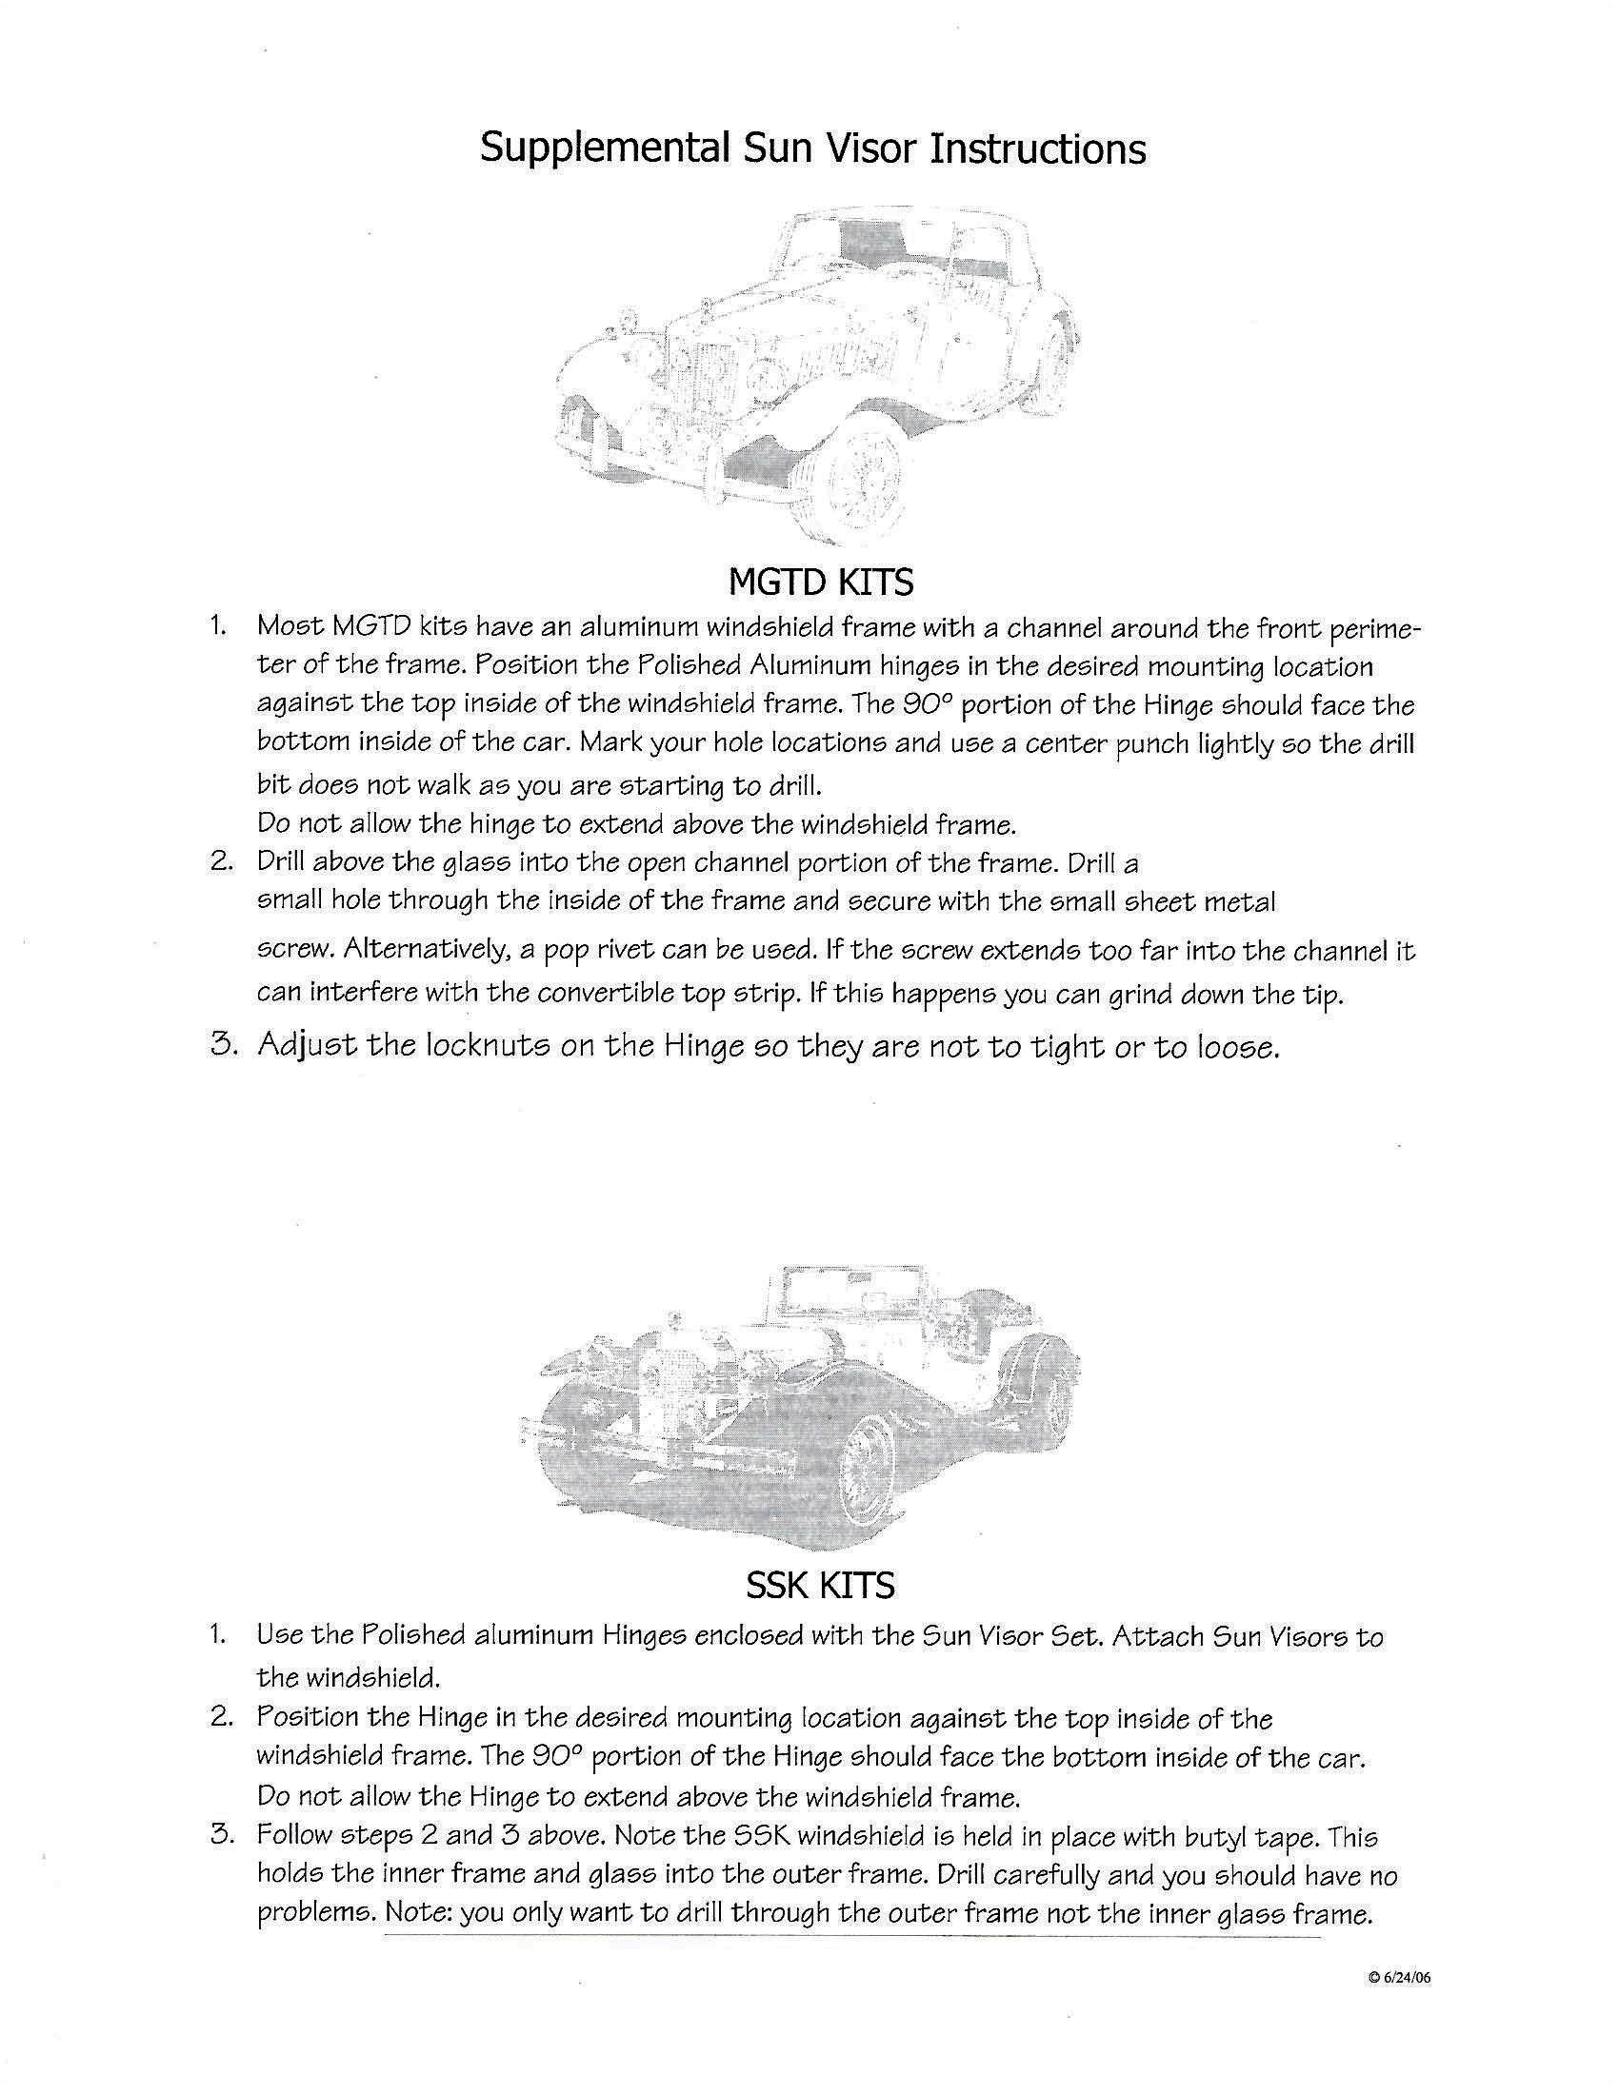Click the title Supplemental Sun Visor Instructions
pos(812,148)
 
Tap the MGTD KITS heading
pos(820,581)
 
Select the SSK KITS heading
pos(820,1585)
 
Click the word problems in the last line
pos(315,1914)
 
